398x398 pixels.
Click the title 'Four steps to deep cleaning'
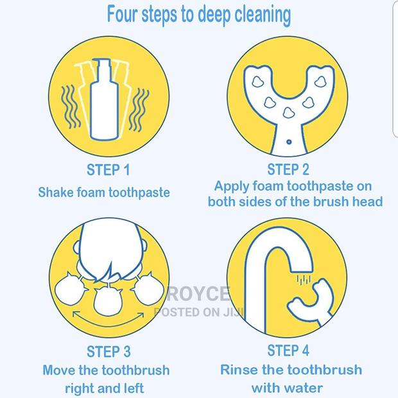[x=198, y=14]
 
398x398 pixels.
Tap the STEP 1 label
[x=108, y=170]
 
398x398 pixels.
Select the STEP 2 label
[x=288, y=170]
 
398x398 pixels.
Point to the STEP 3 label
[x=108, y=351]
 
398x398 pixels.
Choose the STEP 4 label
[x=288, y=350]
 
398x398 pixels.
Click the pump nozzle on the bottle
[x=104, y=64]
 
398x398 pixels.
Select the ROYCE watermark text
[x=198, y=295]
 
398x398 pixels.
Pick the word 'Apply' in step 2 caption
[x=232, y=187]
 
